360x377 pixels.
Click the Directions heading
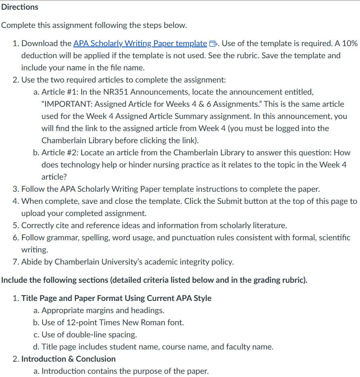click(x=19, y=7)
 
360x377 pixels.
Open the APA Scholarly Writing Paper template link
click(x=140, y=43)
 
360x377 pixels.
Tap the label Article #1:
click(x=60, y=92)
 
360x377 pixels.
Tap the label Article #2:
click(x=60, y=152)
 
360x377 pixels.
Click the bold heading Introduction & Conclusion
click(x=68, y=359)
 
